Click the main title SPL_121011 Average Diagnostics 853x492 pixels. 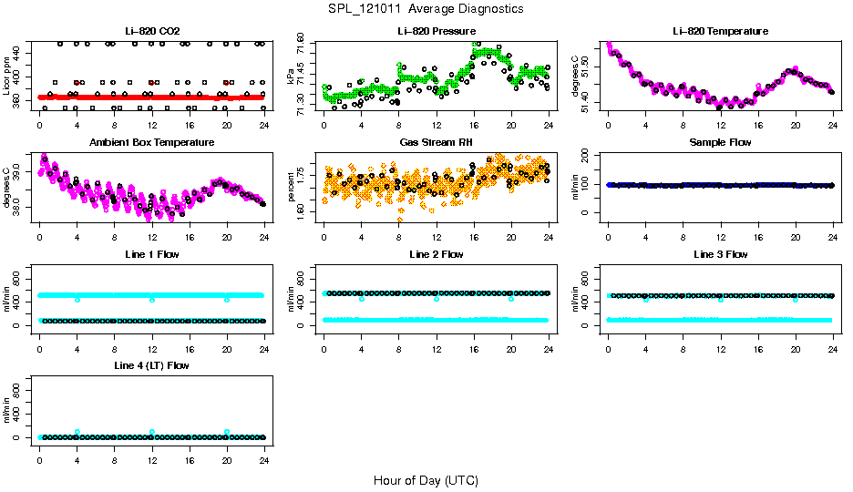426,8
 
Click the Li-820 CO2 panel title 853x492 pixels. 151,31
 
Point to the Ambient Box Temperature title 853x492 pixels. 151,143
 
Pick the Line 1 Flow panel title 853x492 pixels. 151,254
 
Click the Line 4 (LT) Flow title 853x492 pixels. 151,365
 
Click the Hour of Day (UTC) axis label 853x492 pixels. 426,480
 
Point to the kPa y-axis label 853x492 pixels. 292,77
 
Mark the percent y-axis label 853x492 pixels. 292,187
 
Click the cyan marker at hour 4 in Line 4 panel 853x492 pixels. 77,432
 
